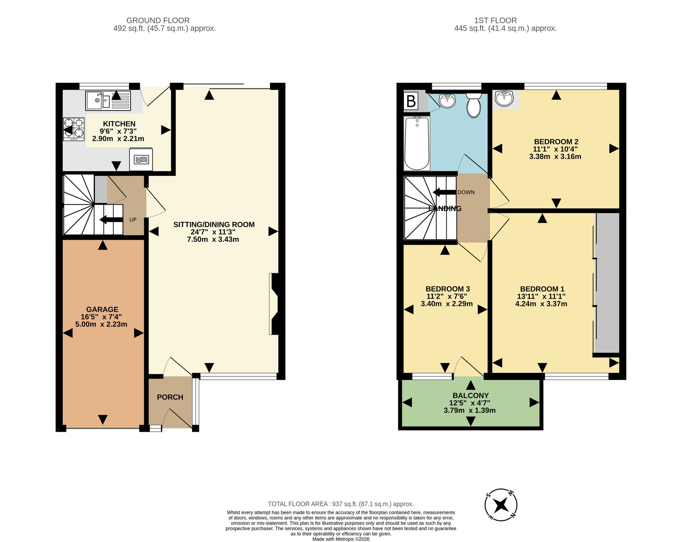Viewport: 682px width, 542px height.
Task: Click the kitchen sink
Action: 108,101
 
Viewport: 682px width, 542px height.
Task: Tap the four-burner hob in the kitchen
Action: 74,129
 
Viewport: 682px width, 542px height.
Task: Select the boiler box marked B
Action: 411,101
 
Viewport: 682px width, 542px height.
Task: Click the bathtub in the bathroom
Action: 417,143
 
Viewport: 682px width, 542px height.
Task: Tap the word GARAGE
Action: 102,309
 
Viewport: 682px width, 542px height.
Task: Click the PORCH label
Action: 170,397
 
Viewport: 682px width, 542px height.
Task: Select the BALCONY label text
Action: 471,396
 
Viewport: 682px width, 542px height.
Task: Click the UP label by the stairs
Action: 133,220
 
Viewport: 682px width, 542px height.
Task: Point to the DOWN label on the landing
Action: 466,192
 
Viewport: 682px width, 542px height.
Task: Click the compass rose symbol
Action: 501,505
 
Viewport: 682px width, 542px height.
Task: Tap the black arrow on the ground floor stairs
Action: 111,220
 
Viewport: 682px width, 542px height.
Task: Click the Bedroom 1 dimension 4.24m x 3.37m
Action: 541,304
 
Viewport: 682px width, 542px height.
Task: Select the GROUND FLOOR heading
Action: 158,20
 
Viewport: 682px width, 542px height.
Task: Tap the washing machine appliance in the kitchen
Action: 141,159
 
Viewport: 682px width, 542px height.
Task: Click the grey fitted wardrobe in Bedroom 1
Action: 607,283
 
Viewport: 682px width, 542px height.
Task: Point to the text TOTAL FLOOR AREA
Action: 298,504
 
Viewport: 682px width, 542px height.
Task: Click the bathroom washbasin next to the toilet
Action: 447,100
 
